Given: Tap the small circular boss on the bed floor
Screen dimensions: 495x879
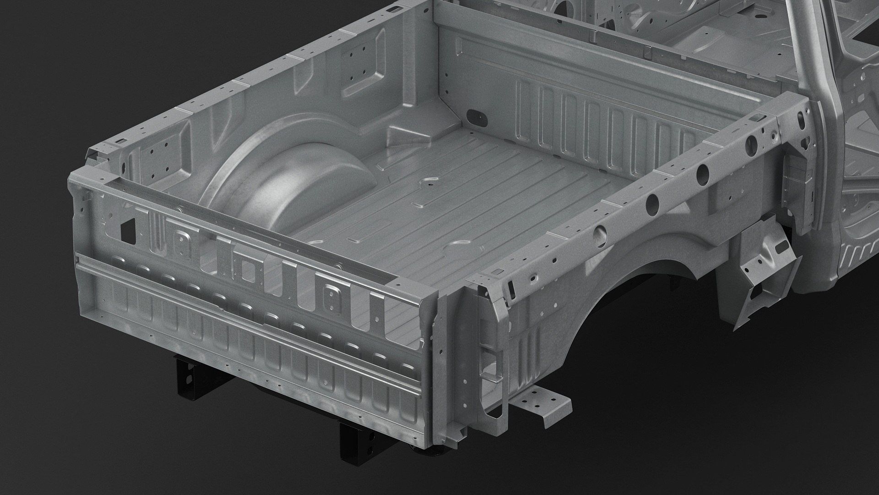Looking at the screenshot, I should click(x=429, y=182).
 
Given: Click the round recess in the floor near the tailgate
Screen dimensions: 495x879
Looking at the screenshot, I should click(x=453, y=252).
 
